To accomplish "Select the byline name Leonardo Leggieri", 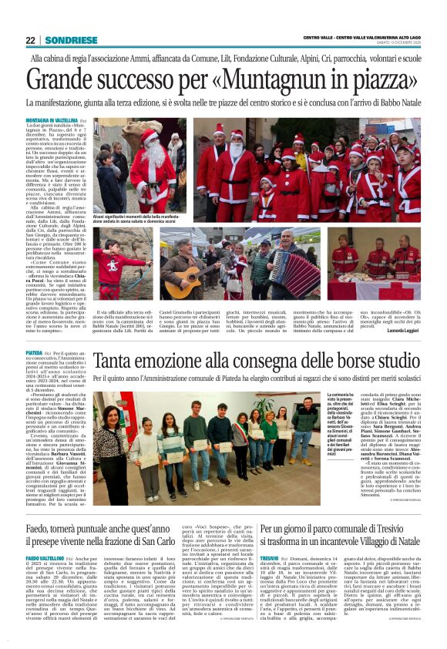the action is coord(401,330).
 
